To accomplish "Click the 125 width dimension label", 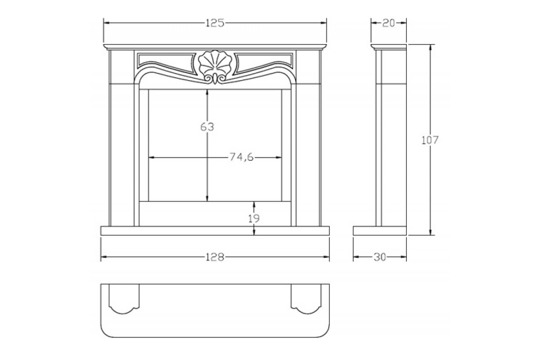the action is (x=215, y=23).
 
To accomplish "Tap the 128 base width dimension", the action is (x=215, y=257).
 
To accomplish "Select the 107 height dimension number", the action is (x=430, y=140).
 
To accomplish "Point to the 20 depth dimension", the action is (x=389, y=23).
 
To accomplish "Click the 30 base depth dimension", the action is (x=380, y=257).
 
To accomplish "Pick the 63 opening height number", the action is (x=207, y=127).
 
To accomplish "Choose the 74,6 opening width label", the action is (x=241, y=157).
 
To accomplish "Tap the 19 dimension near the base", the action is (x=254, y=218).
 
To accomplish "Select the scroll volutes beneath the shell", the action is (x=215, y=79).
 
